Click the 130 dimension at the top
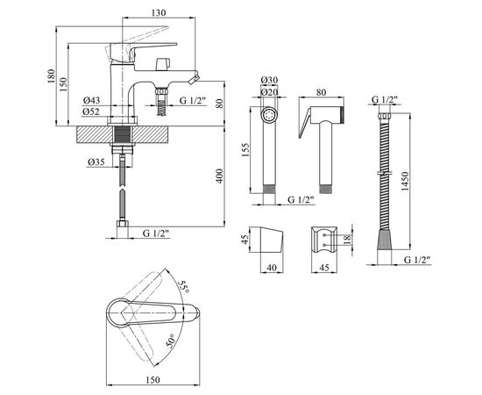point(159,12)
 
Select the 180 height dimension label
point(51,76)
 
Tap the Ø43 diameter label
point(91,100)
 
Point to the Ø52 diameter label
point(91,111)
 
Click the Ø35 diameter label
point(96,162)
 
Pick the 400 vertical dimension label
point(219,176)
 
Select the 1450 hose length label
point(405,182)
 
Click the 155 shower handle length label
point(245,150)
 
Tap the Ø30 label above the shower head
point(269,80)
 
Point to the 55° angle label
point(184,287)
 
